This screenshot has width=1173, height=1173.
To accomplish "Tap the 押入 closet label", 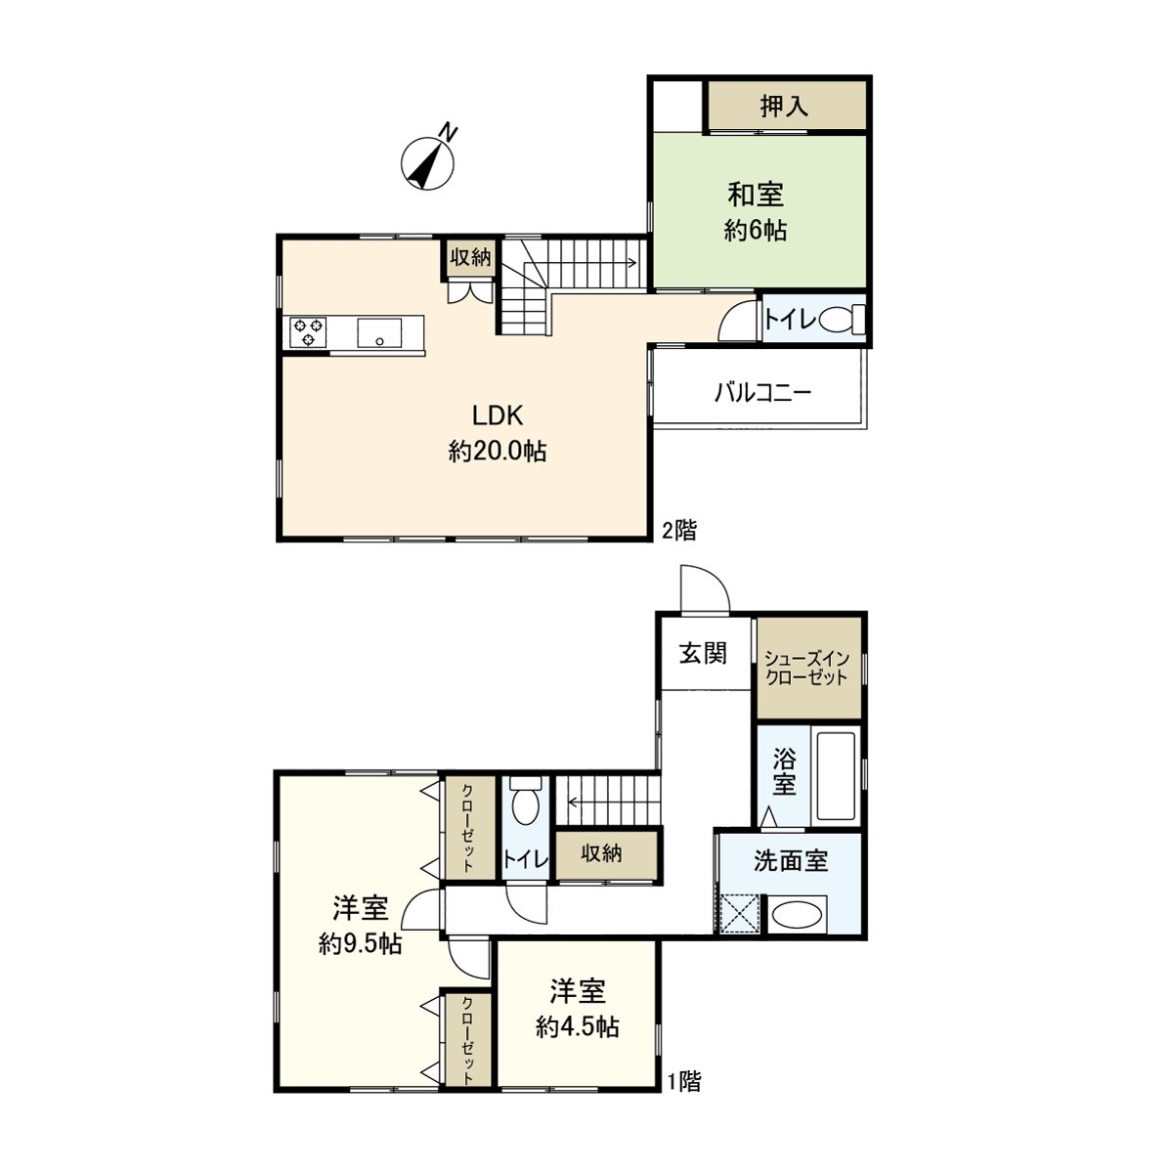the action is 784,106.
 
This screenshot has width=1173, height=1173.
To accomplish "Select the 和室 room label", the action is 756,195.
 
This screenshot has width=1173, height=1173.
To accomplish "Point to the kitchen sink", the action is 378,332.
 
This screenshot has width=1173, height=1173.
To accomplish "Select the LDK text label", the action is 498,415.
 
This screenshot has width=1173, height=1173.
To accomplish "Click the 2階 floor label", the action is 678,530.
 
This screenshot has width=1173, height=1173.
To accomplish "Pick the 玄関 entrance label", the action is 703,654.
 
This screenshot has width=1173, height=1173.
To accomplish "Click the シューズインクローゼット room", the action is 808,668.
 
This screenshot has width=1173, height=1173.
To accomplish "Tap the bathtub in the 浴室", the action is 837,775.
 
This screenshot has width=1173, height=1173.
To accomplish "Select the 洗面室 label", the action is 791,861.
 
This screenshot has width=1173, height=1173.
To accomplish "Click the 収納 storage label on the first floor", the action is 601,853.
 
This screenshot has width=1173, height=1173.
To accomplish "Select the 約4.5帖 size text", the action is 578,1027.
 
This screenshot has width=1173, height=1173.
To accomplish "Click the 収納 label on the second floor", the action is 470,257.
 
